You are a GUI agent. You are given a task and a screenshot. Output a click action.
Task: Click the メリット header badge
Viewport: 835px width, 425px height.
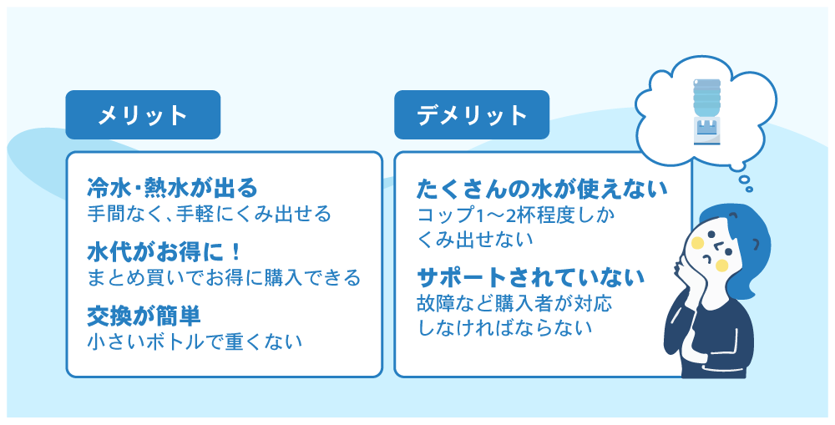(143, 114)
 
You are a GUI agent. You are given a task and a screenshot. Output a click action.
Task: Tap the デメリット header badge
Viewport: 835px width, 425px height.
(471, 114)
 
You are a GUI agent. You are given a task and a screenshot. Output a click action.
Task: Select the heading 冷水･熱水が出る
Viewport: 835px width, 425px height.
(173, 188)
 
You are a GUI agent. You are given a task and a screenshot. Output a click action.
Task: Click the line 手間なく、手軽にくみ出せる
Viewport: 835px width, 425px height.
(210, 214)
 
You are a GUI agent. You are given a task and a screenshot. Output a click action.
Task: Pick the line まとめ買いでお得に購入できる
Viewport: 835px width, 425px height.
(224, 277)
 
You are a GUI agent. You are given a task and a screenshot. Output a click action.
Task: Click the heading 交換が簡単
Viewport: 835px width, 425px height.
(144, 316)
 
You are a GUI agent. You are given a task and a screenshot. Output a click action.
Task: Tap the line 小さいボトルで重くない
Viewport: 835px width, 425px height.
(195, 342)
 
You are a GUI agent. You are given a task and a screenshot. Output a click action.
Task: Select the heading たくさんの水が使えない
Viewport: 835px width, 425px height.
(542, 189)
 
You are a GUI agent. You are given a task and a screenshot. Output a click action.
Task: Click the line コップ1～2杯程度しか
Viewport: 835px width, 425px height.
(515, 215)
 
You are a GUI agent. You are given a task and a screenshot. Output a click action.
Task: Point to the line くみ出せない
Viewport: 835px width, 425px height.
(474, 239)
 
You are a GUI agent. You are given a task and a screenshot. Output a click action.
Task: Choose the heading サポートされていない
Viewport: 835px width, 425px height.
(531, 277)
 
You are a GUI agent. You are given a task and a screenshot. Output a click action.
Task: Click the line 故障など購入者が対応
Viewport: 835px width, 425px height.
(514, 303)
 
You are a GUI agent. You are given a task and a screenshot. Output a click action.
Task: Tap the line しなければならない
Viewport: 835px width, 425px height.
(504, 327)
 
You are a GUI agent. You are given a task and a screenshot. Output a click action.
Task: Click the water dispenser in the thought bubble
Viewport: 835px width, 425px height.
(706, 111)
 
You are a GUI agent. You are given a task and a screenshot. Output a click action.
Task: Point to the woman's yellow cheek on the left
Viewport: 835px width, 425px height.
(697, 243)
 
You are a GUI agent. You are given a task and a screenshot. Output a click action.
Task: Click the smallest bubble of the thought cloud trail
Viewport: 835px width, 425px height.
(749, 189)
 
